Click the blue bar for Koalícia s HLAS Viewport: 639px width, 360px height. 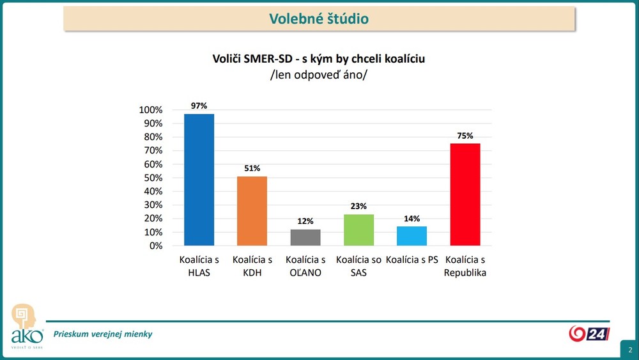coord(199,180)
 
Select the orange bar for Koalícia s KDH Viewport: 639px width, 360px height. coord(252,211)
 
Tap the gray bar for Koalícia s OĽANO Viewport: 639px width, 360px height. coord(305,237)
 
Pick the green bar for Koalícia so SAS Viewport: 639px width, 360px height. coord(358,230)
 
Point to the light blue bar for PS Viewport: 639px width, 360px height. coord(412,236)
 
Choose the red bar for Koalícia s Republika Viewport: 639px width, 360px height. coord(465,194)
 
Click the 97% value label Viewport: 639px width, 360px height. coord(199,106)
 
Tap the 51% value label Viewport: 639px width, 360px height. coord(252,168)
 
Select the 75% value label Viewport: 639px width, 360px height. coord(465,136)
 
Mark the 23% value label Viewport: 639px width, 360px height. coord(358,206)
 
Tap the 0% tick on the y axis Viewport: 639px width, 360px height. coord(156,246)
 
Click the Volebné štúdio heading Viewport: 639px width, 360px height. coord(319,19)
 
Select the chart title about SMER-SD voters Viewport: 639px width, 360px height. coord(319,59)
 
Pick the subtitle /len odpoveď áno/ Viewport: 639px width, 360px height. coord(319,74)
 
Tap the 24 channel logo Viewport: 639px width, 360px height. coord(589,333)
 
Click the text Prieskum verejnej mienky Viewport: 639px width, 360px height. coord(103,334)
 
